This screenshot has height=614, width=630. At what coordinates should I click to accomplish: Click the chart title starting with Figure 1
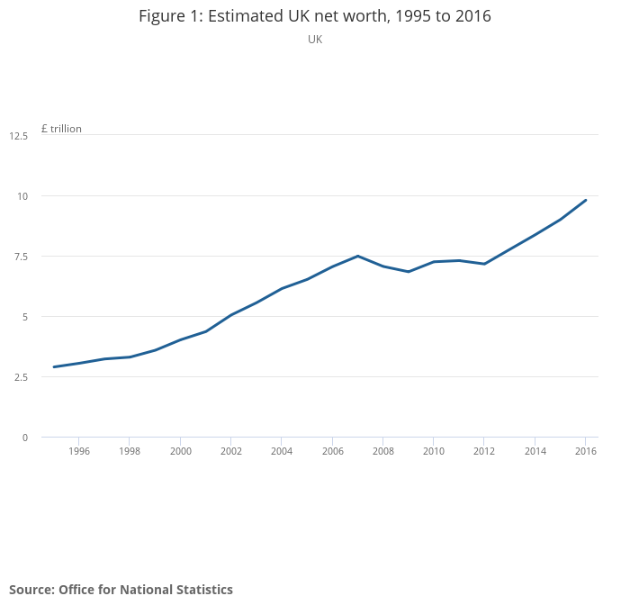click(x=315, y=16)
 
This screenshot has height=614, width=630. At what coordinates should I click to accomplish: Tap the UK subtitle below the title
click(x=315, y=40)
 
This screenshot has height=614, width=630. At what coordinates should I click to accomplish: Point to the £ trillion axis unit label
click(x=61, y=129)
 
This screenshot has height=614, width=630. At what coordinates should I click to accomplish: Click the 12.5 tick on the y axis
click(x=19, y=135)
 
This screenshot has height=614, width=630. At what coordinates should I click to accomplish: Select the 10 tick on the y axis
click(x=22, y=196)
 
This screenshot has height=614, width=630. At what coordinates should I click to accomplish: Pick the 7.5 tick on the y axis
click(x=20, y=257)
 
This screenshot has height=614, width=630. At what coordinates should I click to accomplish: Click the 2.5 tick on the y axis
click(x=20, y=377)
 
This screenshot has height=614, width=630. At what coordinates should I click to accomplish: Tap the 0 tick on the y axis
click(x=25, y=438)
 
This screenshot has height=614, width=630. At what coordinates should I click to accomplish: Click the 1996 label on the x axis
click(x=79, y=451)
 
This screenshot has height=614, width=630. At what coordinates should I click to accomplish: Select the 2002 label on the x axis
click(x=231, y=451)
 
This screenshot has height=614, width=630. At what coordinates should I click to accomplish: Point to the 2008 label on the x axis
click(x=383, y=451)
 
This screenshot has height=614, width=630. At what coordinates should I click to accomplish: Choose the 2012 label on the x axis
click(x=484, y=451)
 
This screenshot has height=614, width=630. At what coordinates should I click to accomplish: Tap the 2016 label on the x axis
click(x=586, y=451)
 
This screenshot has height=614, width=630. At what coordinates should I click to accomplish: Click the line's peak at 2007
click(x=358, y=256)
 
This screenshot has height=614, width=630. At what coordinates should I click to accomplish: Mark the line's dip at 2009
click(x=409, y=271)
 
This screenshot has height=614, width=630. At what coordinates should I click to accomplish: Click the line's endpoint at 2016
click(x=586, y=200)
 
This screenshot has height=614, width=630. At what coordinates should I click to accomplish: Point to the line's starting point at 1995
click(x=54, y=366)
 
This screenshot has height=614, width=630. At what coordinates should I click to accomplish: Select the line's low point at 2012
click(x=484, y=264)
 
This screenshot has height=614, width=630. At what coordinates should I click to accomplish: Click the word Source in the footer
click(x=31, y=590)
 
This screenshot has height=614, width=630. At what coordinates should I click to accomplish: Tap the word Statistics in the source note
click(x=202, y=590)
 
